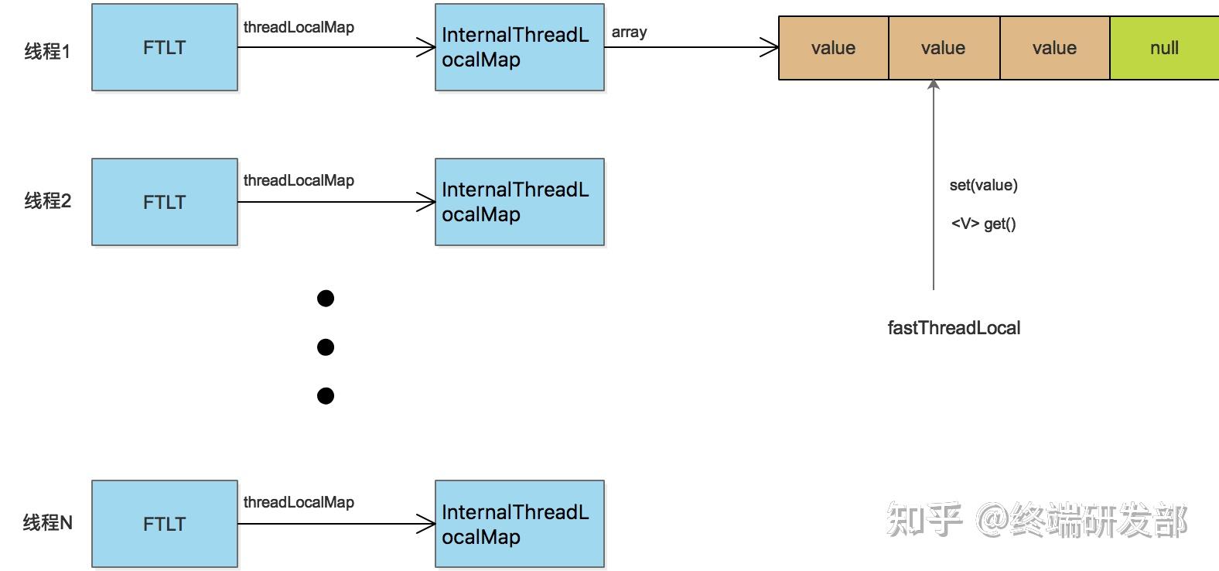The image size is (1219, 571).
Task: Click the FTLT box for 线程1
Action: pos(164,48)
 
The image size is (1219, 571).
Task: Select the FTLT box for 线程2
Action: pos(164,202)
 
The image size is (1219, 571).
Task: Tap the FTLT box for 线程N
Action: pos(164,524)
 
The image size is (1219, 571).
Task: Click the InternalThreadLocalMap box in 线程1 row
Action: pos(519,48)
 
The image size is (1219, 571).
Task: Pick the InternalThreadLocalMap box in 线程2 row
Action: pos(519,202)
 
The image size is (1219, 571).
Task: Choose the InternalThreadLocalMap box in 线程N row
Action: pos(519,524)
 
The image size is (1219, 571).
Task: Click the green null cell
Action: pos(1163,48)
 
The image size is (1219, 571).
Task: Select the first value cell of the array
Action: pos(833,48)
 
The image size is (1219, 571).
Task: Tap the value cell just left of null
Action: pos(1054,48)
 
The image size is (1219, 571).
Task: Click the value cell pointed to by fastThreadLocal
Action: pos(943,48)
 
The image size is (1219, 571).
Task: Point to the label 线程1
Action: pos(47,52)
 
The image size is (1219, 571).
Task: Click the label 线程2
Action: pos(47,201)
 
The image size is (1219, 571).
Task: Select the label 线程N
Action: pos(47,523)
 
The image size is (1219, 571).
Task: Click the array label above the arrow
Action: pos(629,32)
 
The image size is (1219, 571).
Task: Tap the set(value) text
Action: pos(983,185)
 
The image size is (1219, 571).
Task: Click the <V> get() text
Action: pos(983,224)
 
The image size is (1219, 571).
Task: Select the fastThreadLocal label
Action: pos(954,328)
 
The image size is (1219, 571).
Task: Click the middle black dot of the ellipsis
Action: pos(326,347)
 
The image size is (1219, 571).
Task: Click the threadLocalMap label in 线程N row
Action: pos(299,502)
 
